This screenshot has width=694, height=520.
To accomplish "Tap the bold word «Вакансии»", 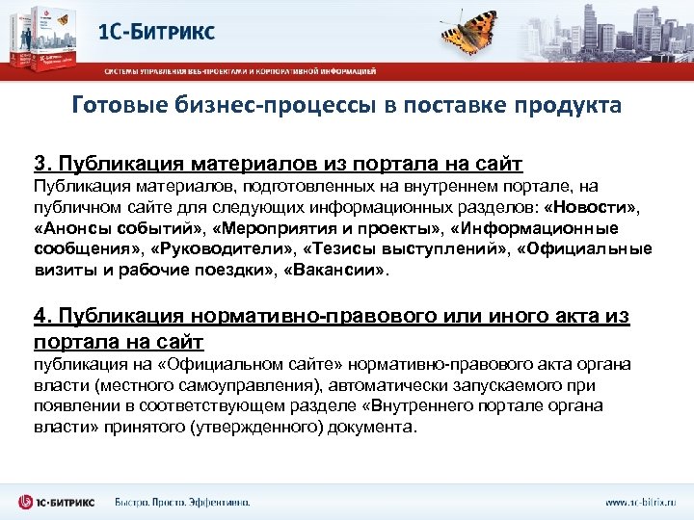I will (334, 271).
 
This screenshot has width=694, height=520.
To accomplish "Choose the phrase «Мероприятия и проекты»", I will (323, 229).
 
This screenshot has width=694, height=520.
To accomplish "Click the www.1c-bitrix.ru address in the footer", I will (641, 502).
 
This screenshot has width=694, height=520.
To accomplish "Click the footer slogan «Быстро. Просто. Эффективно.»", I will (182, 502).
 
